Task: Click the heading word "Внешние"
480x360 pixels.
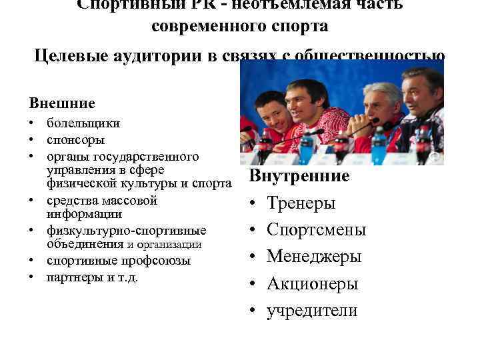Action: point(62,103)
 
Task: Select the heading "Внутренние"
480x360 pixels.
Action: point(299,176)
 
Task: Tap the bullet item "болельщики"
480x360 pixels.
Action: point(83,123)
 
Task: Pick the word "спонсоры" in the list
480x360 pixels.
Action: point(75,140)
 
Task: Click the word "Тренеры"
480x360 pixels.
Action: point(301,203)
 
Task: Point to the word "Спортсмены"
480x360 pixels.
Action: point(317,230)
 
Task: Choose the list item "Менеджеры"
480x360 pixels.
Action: point(314,257)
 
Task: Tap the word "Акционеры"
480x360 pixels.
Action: point(313,284)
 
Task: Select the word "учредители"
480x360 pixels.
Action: point(312,311)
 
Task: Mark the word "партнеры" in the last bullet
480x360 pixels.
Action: point(71,277)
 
